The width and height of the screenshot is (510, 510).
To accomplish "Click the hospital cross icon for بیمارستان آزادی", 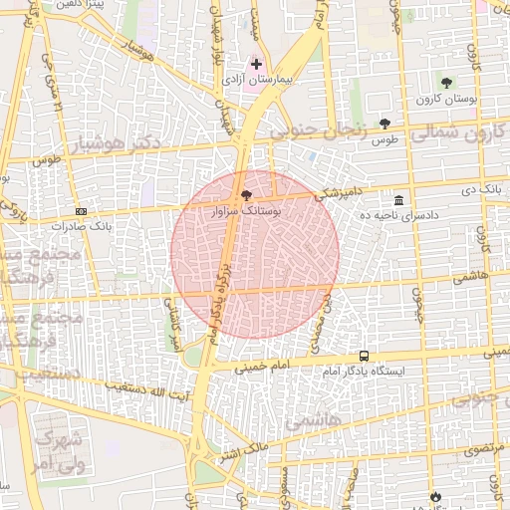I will [256, 64].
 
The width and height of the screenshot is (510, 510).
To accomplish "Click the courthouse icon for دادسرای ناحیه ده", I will [398, 200].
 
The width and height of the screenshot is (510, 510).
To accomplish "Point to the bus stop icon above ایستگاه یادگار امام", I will [364, 356].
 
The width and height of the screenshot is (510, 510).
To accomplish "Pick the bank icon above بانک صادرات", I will [81, 211].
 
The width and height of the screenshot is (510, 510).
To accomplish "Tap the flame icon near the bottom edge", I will [435, 495].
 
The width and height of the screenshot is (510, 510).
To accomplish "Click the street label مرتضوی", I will [478, 450].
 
